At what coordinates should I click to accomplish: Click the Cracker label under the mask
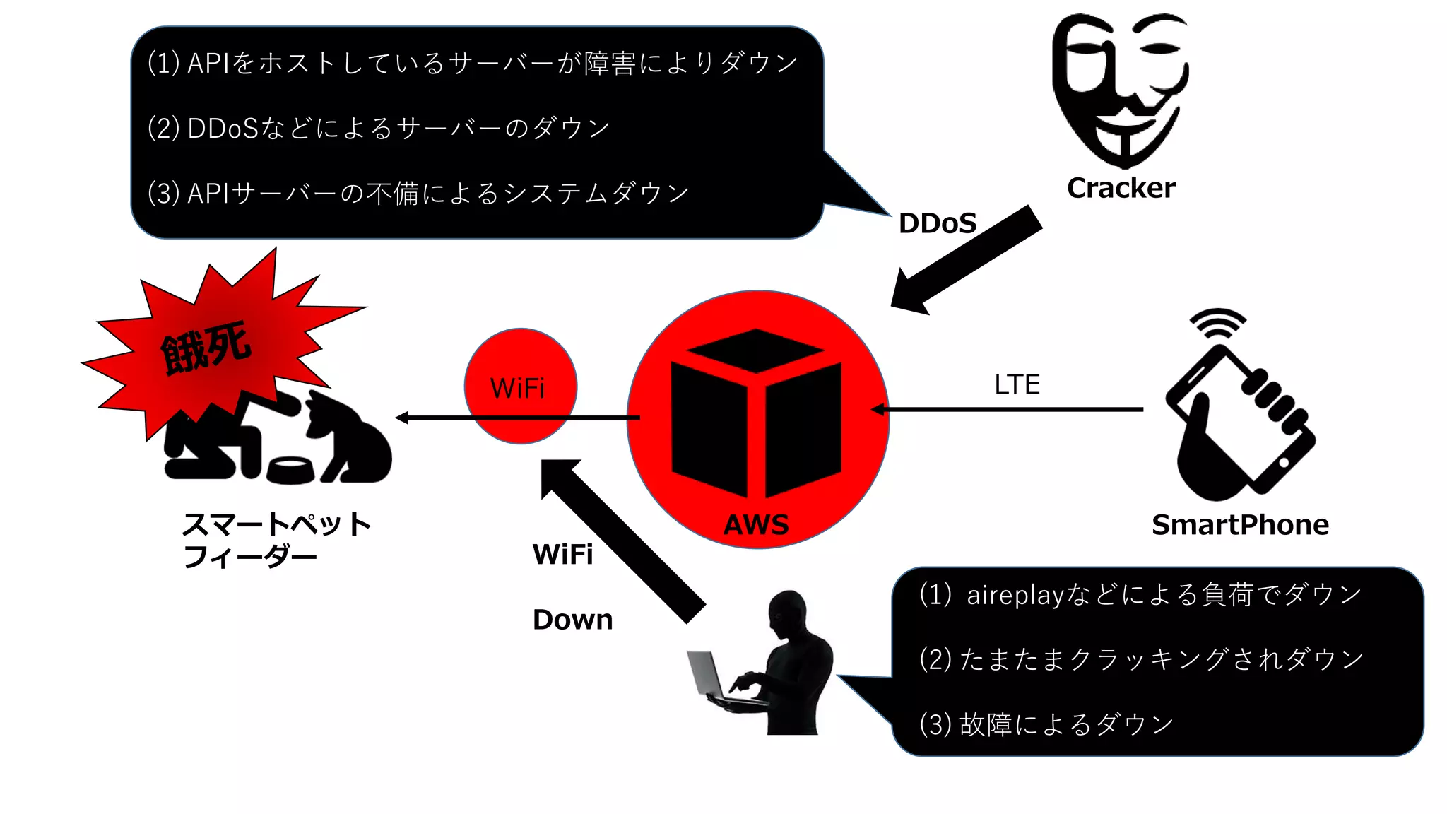coord(1121,188)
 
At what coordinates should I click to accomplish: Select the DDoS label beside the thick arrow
coord(937,223)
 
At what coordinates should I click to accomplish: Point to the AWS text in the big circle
coord(756,524)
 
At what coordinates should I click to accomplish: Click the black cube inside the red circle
coord(756,413)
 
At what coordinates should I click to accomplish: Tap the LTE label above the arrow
coord(1017,384)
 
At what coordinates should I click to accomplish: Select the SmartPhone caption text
coord(1240,524)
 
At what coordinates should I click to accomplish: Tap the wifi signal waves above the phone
coord(1217,322)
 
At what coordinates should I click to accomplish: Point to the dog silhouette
coord(346,438)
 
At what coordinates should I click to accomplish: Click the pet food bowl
coord(290,469)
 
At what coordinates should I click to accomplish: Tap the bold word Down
coord(572,620)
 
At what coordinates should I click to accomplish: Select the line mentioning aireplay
coord(1140,595)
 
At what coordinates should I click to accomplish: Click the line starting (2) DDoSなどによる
coord(379,128)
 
